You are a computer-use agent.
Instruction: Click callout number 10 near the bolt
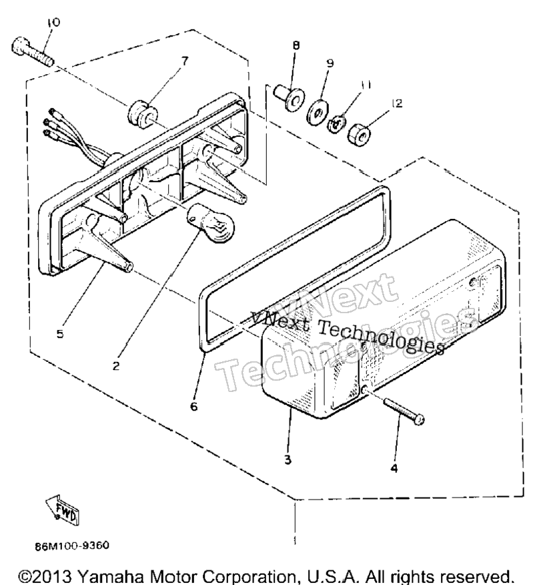(x=53, y=23)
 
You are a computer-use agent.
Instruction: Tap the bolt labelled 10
(x=33, y=51)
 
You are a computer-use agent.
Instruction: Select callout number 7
(x=185, y=61)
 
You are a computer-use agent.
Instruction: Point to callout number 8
(x=296, y=45)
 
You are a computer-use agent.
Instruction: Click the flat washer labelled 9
(x=317, y=112)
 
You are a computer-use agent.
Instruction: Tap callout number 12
(x=398, y=103)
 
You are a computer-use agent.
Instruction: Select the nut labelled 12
(x=359, y=135)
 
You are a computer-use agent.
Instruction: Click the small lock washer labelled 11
(x=337, y=124)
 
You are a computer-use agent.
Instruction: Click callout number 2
(x=116, y=366)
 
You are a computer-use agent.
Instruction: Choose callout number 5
(x=60, y=333)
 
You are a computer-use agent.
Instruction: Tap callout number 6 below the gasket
(x=193, y=406)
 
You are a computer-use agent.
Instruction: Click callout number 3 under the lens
(x=288, y=459)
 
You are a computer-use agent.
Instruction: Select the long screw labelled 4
(x=404, y=411)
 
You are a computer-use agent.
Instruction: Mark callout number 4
(x=394, y=467)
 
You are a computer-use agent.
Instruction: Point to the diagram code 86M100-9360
(x=72, y=546)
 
